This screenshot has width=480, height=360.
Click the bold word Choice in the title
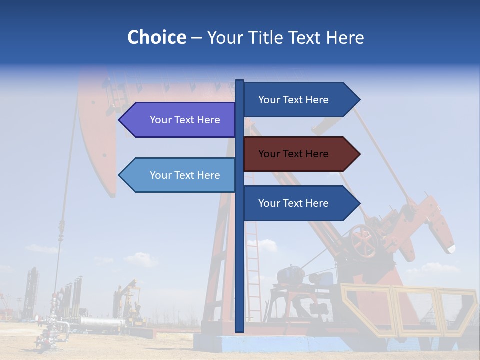coord(156,37)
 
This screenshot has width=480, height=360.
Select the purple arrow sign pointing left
coord(180,120)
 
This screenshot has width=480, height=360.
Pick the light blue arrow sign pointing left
coord(180,175)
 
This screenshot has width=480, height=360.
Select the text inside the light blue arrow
coord(185,175)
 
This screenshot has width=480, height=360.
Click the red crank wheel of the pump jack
coord(363,241)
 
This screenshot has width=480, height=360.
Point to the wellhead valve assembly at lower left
coord(50,330)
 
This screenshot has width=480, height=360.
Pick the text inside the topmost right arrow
coord(293,100)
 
